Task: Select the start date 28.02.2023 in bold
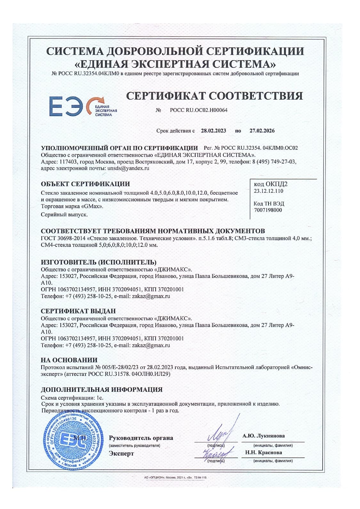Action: (213, 131)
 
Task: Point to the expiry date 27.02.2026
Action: (262, 131)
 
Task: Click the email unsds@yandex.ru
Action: (128, 168)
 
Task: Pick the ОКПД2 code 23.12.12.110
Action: (268, 191)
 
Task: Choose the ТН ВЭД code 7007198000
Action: (268, 210)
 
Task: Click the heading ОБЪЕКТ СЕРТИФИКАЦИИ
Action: (85, 184)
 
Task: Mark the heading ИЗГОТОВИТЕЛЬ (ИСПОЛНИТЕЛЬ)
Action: (99, 263)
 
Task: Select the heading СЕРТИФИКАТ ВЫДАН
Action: (78, 311)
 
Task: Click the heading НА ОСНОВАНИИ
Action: (69, 360)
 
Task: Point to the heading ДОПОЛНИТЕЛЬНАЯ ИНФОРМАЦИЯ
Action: (102, 390)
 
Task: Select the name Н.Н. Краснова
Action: (263, 453)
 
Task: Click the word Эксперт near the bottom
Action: (121, 454)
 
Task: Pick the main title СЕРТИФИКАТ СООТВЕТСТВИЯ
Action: (214, 96)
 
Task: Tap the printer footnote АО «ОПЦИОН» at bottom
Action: (176, 478)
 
